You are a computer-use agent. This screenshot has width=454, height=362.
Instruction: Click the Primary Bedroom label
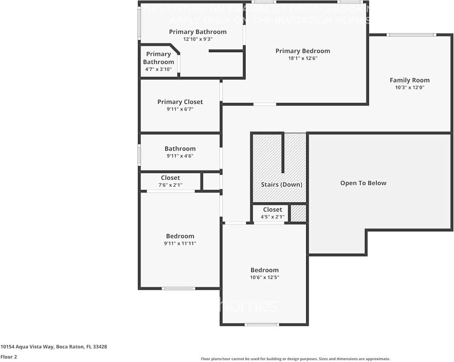(303, 51)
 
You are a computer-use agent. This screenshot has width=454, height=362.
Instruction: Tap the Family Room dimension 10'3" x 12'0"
(409, 87)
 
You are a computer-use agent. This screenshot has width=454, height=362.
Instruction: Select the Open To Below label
(363, 183)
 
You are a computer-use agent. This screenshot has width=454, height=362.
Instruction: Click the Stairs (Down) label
(281, 184)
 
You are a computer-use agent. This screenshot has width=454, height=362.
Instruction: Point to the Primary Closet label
(180, 102)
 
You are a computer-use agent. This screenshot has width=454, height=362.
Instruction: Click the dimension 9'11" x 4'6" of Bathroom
(180, 156)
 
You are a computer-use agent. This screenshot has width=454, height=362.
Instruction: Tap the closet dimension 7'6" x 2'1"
(170, 185)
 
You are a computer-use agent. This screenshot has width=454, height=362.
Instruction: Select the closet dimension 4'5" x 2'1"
(272, 217)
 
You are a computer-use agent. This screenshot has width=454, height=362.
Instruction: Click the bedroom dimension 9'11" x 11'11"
(180, 243)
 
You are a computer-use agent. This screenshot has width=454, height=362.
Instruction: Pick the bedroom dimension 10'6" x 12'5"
(264, 277)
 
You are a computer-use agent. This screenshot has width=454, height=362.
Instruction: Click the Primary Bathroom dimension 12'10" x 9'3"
(198, 39)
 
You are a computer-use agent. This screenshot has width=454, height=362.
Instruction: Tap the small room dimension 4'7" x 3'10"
(158, 69)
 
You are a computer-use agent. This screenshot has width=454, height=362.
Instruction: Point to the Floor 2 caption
(9, 357)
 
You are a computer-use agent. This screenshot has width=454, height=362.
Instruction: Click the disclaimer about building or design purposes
(295, 359)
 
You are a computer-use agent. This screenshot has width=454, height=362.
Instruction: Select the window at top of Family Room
(411, 35)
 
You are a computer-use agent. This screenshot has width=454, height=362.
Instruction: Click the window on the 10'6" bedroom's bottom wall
(262, 325)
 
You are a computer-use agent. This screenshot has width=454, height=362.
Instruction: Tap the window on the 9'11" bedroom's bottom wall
(178, 288)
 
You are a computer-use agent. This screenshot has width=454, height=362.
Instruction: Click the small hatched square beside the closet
(298, 214)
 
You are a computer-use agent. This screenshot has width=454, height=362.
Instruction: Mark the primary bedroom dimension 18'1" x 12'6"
(303, 58)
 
